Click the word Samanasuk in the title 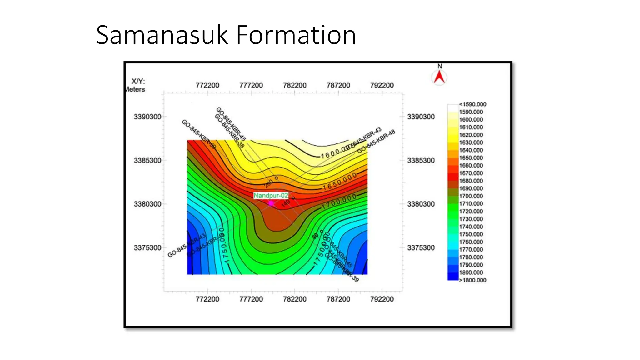click(162, 35)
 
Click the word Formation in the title click(296, 35)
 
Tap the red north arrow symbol click(439, 77)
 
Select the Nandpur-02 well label click(271, 196)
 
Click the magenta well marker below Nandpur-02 click(271, 203)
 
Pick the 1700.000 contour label click(339, 202)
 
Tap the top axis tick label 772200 click(207, 85)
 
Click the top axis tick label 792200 click(382, 85)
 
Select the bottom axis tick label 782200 click(294, 299)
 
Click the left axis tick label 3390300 click(147, 117)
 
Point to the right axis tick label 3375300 click(421, 248)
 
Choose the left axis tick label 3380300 click(147, 204)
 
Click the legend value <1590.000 click(472, 104)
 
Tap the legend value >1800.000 click(472, 280)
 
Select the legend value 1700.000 click(471, 196)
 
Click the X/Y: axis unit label click(138, 82)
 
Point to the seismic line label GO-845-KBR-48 click(376, 141)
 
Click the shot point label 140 click(286, 204)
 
